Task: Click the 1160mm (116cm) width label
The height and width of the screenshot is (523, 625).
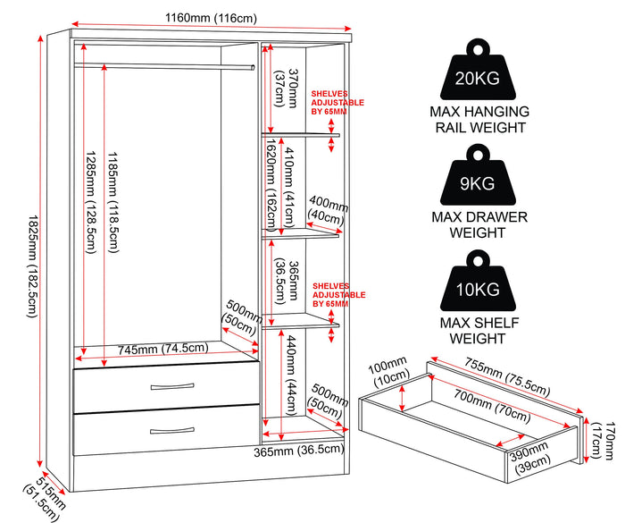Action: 211,18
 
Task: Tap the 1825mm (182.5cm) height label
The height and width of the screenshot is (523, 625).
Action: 32,266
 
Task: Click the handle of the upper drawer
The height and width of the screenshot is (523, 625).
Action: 172,386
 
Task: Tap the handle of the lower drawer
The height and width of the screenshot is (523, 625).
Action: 172,431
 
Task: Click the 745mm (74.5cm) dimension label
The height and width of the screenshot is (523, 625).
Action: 163,349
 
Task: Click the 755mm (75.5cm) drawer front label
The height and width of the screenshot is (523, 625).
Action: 507,375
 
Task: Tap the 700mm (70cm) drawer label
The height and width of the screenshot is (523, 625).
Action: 493,405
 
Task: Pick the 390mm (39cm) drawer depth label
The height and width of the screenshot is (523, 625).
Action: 530,457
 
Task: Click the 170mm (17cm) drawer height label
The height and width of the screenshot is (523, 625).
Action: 603,441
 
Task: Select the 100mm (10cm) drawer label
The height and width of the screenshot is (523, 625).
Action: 389,371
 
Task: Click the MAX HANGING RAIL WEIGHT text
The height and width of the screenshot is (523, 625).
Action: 479,120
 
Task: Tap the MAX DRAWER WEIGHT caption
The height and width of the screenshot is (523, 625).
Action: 479,224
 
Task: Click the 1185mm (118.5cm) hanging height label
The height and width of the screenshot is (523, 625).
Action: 112,202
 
